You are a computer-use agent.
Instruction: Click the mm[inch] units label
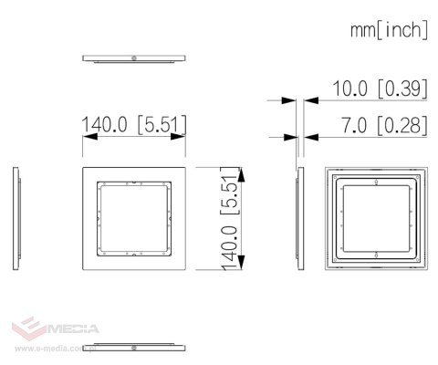[390, 30]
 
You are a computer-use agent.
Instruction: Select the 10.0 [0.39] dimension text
[381, 89]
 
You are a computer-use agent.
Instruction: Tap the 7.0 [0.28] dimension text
[384, 125]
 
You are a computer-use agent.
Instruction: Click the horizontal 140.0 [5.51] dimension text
[134, 124]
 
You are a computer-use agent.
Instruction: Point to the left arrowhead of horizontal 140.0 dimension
[90, 137]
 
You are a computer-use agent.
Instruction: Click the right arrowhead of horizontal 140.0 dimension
[178, 137]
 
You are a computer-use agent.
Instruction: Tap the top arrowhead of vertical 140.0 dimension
[241, 174]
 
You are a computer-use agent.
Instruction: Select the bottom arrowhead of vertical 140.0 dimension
[241, 262]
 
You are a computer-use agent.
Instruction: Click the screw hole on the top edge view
[134, 57]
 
